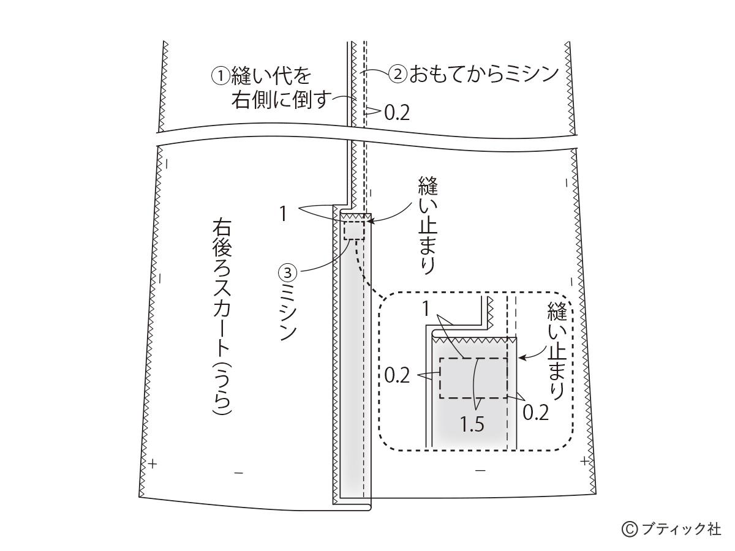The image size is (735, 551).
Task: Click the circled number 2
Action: click(398, 74)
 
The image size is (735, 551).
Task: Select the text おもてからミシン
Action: click(483, 74)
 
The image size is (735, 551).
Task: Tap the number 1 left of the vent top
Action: click(284, 214)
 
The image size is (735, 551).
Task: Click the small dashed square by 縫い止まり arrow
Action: click(353, 230)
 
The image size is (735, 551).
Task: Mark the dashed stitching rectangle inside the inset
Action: click(473, 378)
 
